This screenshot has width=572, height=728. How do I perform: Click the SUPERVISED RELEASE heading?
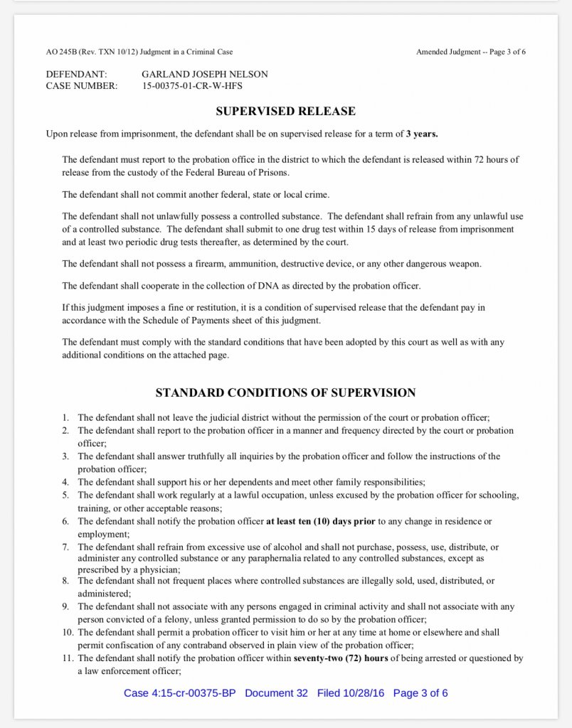tap(285, 112)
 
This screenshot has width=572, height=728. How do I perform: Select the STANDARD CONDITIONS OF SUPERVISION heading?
tap(285, 392)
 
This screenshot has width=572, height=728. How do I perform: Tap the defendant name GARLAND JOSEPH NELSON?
tap(205, 74)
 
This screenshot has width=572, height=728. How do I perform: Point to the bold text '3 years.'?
tap(422, 134)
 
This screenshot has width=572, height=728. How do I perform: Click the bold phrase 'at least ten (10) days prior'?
tap(320, 521)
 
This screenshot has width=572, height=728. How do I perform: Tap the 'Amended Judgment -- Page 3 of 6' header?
tap(471, 52)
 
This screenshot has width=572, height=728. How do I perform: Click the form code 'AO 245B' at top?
tap(60, 52)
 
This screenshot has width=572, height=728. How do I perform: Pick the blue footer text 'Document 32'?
tap(276, 693)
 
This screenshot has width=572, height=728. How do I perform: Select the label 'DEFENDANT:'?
tap(77, 74)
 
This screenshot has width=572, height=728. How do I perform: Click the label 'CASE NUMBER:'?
tap(82, 86)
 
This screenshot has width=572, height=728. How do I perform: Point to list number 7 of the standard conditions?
tap(65, 547)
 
